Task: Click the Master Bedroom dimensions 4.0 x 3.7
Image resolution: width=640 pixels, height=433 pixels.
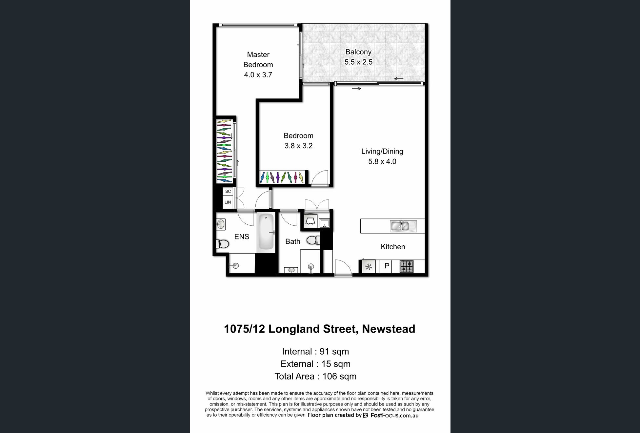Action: (x=258, y=75)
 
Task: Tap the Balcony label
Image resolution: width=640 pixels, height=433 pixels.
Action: (x=358, y=52)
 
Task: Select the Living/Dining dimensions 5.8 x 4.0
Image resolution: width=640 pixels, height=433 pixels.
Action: (x=382, y=161)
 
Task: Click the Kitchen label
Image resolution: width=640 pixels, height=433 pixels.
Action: (x=393, y=247)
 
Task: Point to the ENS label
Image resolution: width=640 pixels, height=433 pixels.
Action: (x=242, y=237)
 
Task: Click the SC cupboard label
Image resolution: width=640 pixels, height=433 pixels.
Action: (x=228, y=191)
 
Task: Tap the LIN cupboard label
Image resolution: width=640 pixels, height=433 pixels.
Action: (x=228, y=202)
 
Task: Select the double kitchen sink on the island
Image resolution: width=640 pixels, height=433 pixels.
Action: (x=403, y=226)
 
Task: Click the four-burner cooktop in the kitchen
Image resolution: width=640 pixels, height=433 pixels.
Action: (x=407, y=266)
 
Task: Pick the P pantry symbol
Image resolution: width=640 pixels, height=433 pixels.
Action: (x=387, y=266)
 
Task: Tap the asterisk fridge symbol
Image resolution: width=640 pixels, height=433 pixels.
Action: (x=369, y=267)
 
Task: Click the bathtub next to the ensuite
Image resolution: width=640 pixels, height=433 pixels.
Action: (x=266, y=232)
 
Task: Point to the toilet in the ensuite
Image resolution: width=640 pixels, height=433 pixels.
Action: (x=222, y=244)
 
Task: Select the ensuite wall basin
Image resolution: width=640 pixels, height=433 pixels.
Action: (x=221, y=224)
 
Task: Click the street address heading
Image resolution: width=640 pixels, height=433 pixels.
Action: (x=319, y=329)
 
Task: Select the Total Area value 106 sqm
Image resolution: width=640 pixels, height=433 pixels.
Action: (x=339, y=376)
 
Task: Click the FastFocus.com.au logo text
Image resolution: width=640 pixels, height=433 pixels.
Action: (x=394, y=415)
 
